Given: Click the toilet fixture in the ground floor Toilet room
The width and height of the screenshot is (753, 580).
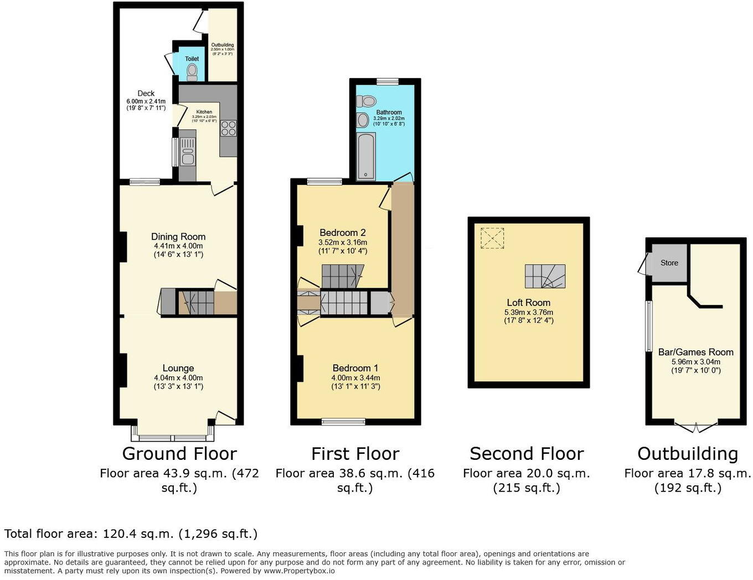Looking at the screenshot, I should [192, 71].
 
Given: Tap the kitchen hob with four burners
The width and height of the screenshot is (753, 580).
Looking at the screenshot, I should [228, 128].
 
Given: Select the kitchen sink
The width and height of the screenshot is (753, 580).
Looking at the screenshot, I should [188, 156].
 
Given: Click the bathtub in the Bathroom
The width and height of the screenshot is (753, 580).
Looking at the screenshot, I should [366, 156].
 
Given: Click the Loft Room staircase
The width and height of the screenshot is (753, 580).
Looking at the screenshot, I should [545, 276].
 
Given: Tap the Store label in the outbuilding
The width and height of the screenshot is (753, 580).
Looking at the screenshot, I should [669, 263].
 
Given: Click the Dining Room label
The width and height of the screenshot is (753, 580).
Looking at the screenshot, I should [178, 237].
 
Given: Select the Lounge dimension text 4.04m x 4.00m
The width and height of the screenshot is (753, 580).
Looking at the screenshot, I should [178, 378].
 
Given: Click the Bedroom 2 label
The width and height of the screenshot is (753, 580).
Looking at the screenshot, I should [343, 232].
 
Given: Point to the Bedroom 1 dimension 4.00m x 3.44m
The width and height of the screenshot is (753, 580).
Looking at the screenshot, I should [355, 378].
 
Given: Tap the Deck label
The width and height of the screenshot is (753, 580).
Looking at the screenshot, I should [146, 94].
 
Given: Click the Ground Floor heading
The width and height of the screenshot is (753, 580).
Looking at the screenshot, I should [179, 454].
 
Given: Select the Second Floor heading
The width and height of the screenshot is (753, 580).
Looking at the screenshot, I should [527, 454].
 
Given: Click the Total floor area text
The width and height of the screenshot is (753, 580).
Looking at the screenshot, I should [131, 534].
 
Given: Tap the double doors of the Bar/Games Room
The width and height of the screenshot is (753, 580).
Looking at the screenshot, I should [695, 427].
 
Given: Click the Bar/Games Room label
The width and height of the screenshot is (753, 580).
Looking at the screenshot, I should [695, 352].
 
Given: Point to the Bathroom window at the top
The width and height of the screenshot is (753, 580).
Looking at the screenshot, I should [388, 81].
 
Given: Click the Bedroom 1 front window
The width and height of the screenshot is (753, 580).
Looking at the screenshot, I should [343, 422].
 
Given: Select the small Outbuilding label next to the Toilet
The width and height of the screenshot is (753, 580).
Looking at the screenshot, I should [222, 45].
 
